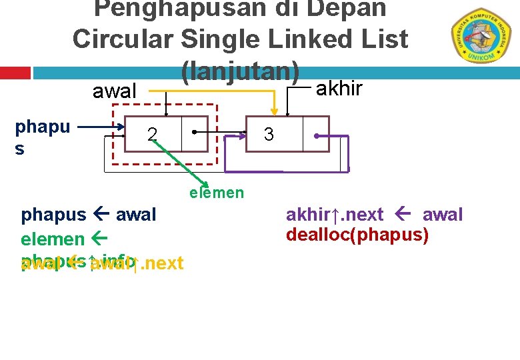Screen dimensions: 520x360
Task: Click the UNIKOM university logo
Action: pos(478,35)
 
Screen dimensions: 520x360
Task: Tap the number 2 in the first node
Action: pos(153,135)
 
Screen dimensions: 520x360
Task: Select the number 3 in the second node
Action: pos(269,135)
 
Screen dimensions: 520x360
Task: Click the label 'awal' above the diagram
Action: pos(115,91)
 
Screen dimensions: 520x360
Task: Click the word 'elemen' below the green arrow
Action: pos(217,193)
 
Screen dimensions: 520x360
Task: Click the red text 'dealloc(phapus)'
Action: pos(357,235)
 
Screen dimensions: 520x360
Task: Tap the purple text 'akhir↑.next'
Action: pos(335,215)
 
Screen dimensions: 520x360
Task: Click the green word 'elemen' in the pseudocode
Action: pos(53,239)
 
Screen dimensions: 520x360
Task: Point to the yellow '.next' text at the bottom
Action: pos(162,263)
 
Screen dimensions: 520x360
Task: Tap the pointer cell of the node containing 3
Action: pos(315,134)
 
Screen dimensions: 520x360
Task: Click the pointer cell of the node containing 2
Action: pos(195,134)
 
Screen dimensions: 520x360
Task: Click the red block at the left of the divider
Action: pos(15,73)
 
